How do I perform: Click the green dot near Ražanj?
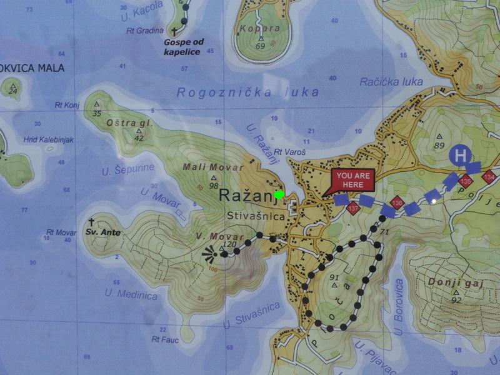pos(279,194)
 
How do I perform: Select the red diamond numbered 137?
pos(354,208)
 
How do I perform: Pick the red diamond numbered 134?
pos(489,178)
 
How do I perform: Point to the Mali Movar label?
pos(204,167)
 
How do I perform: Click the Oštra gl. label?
pos(130,123)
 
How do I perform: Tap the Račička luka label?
pos(391,82)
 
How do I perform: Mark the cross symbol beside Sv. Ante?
pos(91,222)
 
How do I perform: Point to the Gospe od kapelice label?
pos(182,47)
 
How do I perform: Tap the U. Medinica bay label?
pos(131,294)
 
